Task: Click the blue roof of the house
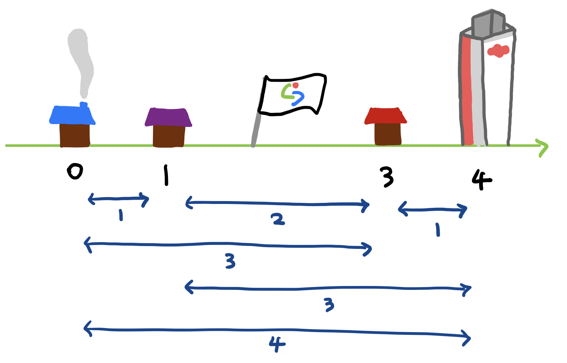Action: click(72, 115)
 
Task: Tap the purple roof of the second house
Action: click(168, 117)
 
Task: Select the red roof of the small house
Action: click(385, 116)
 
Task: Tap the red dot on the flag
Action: click(295, 85)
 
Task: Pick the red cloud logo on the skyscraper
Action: click(499, 50)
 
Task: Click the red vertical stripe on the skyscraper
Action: click(467, 89)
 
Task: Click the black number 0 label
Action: click(75, 172)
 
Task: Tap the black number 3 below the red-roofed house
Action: click(387, 177)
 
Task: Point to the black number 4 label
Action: click(481, 179)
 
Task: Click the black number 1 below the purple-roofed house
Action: click(166, 175)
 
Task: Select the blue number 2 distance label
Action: click(278, 219)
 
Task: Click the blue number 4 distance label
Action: click(277, 343)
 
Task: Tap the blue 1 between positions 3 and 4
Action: click(438, 230)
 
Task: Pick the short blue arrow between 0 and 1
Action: click(118, 199)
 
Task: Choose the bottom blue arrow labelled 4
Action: click(277, 331)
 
